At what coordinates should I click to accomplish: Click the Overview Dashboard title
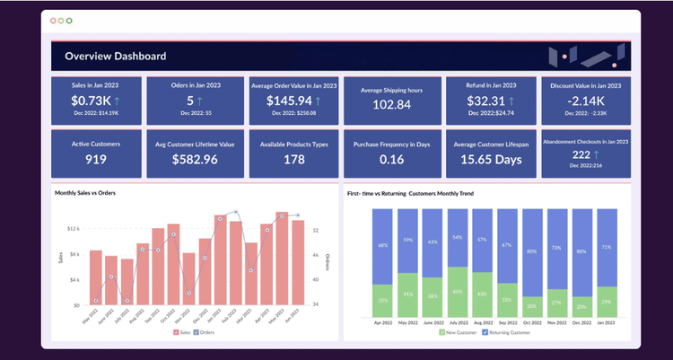point(115,57)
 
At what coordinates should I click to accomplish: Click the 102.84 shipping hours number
point(391,105)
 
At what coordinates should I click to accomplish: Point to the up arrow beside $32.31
point(518,101)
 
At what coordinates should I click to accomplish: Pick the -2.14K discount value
point(585,101)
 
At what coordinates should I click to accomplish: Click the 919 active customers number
point(96,159)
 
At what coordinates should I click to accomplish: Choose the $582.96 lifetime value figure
point(195,159)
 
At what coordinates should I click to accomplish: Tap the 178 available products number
point(293,159)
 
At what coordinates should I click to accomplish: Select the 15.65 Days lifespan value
point(491,159)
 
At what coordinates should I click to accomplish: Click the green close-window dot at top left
point(70,20)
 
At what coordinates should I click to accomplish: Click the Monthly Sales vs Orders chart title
point(85,193)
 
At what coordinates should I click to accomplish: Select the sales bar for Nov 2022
point(188,278)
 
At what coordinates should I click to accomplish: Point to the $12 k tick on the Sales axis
point(74,229)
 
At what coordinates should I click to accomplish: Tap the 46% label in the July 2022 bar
point(458,292)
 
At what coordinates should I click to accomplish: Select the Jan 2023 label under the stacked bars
point(607,321)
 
